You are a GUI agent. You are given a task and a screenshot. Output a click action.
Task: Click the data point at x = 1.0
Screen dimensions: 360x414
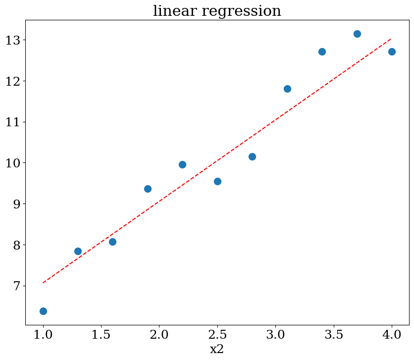pos(43,311)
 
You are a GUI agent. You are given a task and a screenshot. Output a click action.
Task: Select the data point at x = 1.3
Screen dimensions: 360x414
pos(78,251)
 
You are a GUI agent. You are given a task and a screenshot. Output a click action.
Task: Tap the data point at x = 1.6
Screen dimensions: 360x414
pos(112,242)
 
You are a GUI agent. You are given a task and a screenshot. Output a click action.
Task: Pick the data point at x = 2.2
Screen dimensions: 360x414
pos(182,164)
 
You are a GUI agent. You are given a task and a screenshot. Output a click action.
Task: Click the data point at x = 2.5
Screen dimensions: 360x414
pos(217,181)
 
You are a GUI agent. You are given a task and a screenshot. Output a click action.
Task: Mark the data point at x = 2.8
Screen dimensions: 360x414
pos(252,156)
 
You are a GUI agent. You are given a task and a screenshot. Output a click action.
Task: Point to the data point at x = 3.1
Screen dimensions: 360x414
pos(287,89)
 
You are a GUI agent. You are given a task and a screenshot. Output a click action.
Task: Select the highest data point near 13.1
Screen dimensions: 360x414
pos(357,34)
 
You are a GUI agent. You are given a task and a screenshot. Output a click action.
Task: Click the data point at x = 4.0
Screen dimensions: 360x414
pos(392,51)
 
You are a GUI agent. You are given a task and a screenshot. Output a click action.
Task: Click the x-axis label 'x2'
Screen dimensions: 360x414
pos(217,349)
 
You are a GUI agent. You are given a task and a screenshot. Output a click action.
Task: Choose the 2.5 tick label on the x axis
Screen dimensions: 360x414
pos(217,334)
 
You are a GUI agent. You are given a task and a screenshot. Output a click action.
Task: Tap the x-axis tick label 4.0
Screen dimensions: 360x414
pos(392,334)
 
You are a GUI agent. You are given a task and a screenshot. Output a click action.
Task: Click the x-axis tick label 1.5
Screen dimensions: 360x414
pos(101,334)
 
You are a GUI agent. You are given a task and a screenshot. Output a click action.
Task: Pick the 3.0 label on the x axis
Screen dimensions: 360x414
pos(275,334)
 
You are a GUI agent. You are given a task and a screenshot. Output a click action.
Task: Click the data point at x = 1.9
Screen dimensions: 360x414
pos(148,189)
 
